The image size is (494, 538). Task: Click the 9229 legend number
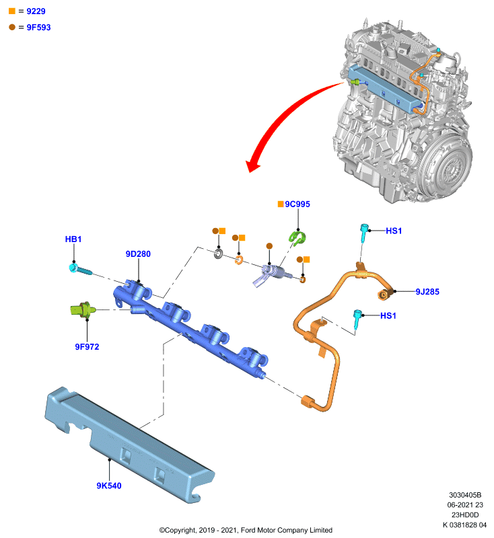(36, 11)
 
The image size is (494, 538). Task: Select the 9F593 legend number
(39, 28)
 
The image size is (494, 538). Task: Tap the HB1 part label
(73, 239)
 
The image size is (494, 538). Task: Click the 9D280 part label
(138, 254)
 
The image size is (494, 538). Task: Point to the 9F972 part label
(87, 347)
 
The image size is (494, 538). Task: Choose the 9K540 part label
(109, 486)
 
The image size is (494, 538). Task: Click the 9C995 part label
(297, 204)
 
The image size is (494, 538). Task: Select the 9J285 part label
(427, 292)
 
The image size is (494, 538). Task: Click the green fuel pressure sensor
(82, 310)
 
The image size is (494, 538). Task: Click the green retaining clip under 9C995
(297, 238)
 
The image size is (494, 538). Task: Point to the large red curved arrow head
(252, 166)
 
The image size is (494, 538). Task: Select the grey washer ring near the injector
(218, 254)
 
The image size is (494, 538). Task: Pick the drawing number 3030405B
(465, 495)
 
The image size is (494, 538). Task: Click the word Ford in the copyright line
(248, 530)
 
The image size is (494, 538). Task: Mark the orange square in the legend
(12, 11)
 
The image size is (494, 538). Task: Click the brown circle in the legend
(12, 27)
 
